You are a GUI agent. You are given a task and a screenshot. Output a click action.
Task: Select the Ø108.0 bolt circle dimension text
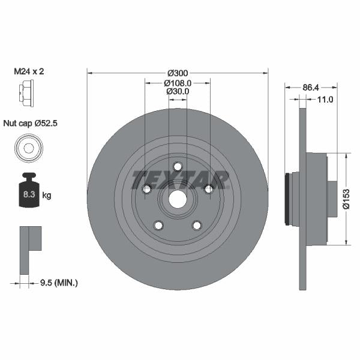(177, 83)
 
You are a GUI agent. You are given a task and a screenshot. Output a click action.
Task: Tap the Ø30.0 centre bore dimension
(177, 92)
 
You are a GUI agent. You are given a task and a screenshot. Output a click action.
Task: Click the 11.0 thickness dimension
(325, 100)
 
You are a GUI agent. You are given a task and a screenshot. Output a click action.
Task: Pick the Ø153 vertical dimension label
(346, 199)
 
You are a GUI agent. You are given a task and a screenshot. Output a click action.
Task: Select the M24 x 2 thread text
(29, 71)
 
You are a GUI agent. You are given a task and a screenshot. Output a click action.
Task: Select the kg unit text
(47, 196)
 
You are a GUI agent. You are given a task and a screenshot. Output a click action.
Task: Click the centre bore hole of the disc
(178, 200)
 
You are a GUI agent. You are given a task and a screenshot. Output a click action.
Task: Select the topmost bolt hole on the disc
(178, 166)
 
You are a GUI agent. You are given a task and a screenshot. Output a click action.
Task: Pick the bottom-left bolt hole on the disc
(158, 225)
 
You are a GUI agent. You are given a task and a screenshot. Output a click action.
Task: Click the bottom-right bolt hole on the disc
(197, 225)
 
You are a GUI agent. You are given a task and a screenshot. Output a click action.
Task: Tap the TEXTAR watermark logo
(180, 179)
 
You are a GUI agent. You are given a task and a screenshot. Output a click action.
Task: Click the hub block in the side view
(316, 199)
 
